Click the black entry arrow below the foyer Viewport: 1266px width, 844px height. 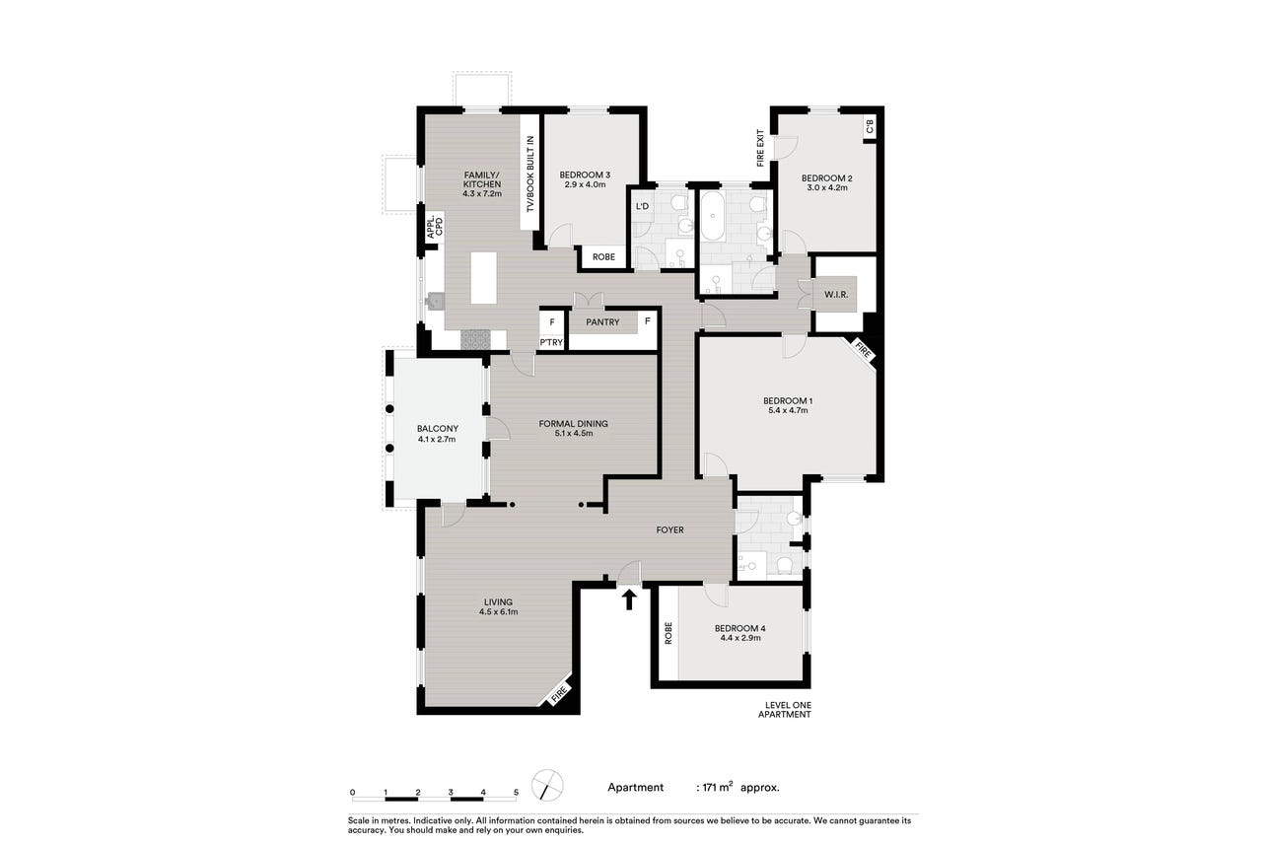click(x=628, y=599)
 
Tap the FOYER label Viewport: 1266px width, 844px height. click(x=669, y=530)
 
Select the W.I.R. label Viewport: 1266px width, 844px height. click(x=836, y=295)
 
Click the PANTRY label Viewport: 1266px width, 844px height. click(x=602, y=322)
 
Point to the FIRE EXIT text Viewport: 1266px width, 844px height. click(x=760, y=148)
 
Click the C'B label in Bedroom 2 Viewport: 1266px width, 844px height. click(x=870, y=126)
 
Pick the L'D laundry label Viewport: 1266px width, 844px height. click(x=642, y=206)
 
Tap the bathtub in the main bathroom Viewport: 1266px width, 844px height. click(x=713, y=216)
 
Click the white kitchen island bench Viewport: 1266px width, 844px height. click(x=484, y=278)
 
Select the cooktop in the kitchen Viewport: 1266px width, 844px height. click(x=475, y=340)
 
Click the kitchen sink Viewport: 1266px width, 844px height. click(x=435, y=302)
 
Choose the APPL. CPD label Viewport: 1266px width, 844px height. click(x=435, y=227)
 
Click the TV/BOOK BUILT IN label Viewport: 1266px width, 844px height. click(x=529, y=175)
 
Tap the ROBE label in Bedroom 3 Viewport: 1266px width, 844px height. click(x=603, y=257)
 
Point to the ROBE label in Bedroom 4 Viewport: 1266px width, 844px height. click(x=668, y=633)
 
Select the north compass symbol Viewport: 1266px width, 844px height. click(x=547, y=785)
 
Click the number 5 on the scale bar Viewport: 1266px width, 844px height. click(x=516, y=793)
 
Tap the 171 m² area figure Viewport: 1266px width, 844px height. click(x=718, y=787)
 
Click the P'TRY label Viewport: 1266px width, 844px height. click(x=551, y=342)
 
